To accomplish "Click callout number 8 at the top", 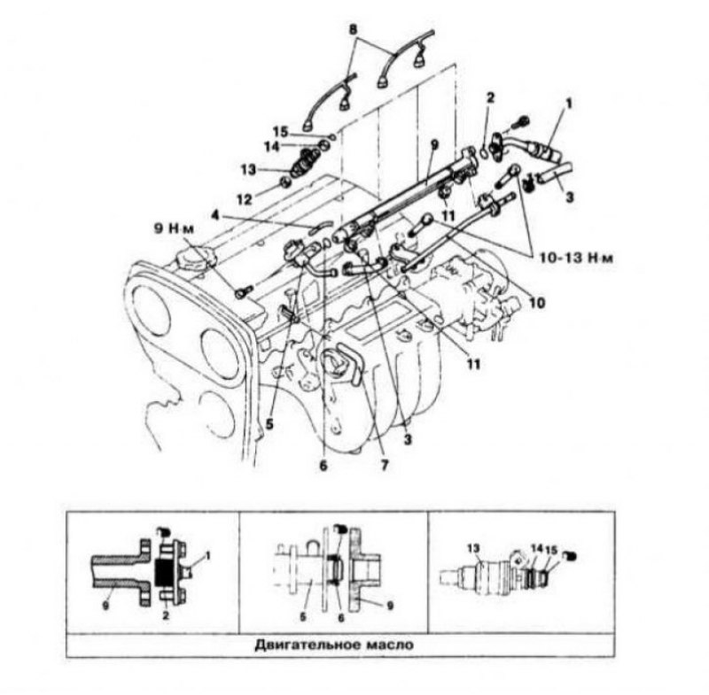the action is (354, 30).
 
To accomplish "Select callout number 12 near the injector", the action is (245, 199).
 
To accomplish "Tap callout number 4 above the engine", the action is (215, 214).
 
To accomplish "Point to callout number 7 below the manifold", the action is (384, 465).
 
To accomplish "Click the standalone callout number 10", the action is (537, 303).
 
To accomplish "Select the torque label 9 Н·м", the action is (174, 228).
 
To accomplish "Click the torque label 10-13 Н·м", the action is (577, 259).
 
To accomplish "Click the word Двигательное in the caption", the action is (306, 645).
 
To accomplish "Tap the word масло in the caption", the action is (390, 645).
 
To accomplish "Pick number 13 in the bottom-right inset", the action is (473, 548).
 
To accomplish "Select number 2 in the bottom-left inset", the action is (166, 615).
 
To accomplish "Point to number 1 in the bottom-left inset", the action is (207, 556).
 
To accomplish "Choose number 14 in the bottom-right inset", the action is (537, 548).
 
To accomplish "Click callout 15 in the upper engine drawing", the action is (280, 132).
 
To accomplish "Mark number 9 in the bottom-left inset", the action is (105, 606).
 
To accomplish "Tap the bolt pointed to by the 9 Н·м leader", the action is (242, 294).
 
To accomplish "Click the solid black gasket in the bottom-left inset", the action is (162, 572).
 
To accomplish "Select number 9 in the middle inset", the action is (390, 605).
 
